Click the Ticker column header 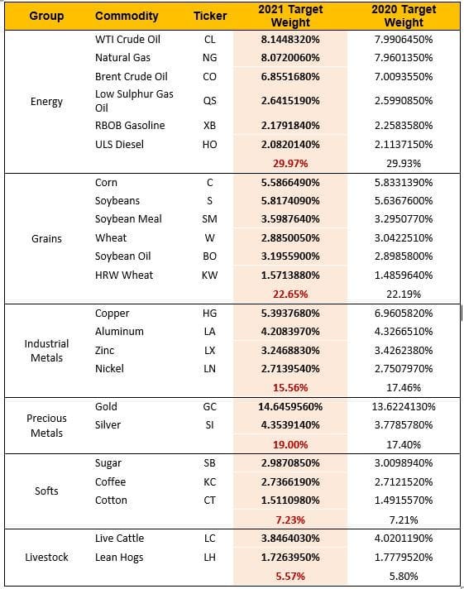click(x=209, y=17)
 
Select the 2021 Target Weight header click(x=285, y=17)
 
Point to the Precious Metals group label click(x=46, y=425)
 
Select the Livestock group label click(x=46, y=557)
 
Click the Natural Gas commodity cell click(x=123, y=59)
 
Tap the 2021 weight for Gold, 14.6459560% click(x=285, y=407)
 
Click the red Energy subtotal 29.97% click(x=285, y=163)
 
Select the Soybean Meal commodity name click(x=129, y=219)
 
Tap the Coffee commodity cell click(x=111, y=481)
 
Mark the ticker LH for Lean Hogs click(x=209, y=558)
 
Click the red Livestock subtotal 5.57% click(x=285, y=576)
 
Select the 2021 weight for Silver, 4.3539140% click(x=285, y=425)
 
